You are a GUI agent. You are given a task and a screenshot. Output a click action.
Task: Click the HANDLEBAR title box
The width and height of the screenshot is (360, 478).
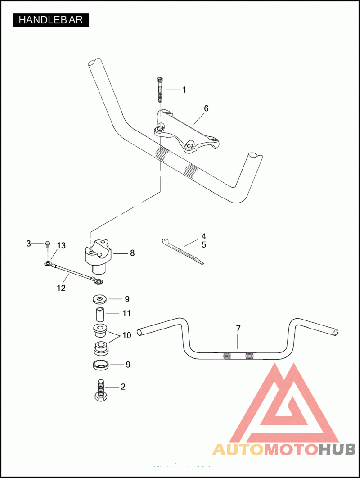(51, 20)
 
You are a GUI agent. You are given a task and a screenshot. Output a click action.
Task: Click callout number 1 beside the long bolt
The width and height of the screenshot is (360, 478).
(184, 90)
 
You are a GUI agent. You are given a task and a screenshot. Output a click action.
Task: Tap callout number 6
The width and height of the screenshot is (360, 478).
(206, 108)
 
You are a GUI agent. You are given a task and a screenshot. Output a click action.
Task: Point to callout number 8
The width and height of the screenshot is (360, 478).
(132, 253)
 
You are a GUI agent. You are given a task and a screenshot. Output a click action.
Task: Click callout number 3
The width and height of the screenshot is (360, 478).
(29, 244)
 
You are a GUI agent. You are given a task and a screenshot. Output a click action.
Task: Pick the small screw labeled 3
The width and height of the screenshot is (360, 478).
(47, 244)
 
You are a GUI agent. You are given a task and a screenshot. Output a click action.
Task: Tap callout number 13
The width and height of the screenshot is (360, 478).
(61, 245)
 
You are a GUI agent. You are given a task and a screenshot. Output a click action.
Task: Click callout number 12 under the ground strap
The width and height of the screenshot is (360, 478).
(61, 288)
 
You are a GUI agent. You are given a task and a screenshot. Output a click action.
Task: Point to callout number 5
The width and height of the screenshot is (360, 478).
(204, 245)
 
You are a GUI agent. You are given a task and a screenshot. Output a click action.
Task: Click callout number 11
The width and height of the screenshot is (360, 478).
(127, 313)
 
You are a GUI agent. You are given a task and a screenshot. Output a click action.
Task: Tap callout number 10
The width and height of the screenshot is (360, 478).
(126, 335)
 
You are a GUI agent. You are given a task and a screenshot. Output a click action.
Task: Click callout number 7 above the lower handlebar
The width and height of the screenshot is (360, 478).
(238, 329)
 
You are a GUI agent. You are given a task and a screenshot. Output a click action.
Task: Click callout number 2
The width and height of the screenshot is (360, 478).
(122, 387)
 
